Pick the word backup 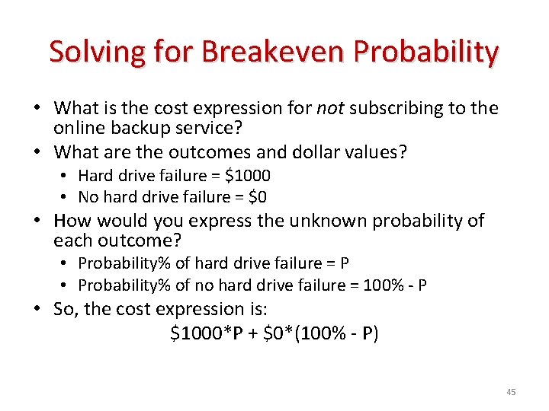(141, 127)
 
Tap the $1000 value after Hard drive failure (247, 176)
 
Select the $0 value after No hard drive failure (255, 197)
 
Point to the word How (74, 221)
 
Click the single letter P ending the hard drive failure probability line (345, 263)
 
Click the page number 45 (511, 392)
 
